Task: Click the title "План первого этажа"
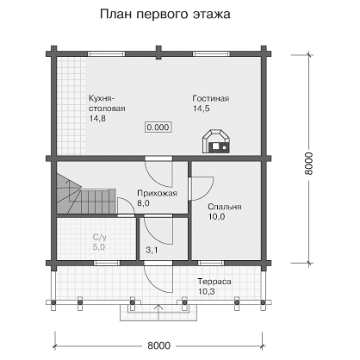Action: click(165, 14)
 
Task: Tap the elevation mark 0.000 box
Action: click(158, 127)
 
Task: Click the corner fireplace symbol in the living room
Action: click(216, 141)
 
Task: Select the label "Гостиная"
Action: click(211, 98)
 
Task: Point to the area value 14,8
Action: click(97, 118)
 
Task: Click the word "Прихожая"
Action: click(157, 193)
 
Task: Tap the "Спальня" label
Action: click(225, 207)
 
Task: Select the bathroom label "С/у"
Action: click(100, 237)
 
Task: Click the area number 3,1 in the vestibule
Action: click(152, 250)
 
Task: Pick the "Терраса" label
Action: click(214, 282)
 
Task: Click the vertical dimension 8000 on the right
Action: click(309, 164)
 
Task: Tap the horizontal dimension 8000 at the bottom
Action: click(158, 345)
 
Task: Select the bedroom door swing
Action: click(201, 188)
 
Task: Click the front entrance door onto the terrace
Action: click(158, 277)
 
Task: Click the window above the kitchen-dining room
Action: click(106, 53)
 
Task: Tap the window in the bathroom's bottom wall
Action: click(107, 263)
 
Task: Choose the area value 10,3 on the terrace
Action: click(207, 292)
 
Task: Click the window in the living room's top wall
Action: click(211, 53)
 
